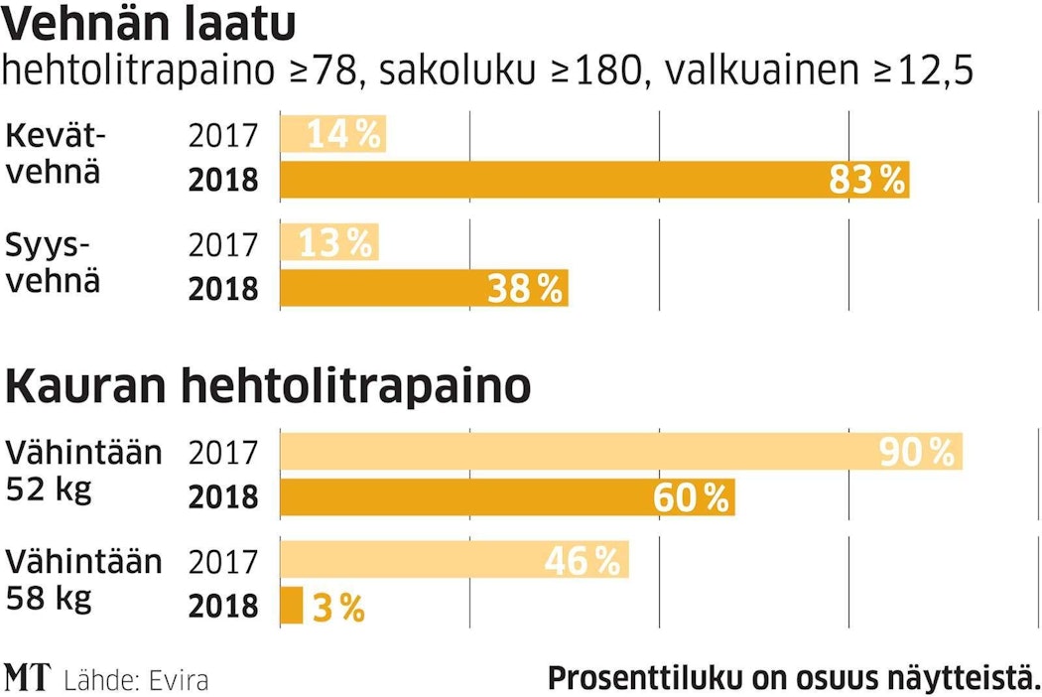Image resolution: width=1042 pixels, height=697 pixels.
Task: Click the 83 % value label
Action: pyautogui.click(x=866, y=180)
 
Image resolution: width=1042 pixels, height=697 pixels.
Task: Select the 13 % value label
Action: pyautogui.click(x=335, y=243)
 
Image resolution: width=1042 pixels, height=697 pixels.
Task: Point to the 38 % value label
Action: pyautogui.click(x=525, y=289)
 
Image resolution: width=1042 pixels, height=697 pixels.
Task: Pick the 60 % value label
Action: pyautogui.click(x=691, y=497)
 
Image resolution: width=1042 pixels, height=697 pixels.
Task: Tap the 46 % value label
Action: pyautogui.click(x=583, y=562)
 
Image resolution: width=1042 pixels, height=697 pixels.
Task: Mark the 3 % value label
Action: pyautogui.click(x=338, y=608)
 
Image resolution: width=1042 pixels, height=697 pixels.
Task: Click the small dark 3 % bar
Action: pyautogui.click(x=292, y=606)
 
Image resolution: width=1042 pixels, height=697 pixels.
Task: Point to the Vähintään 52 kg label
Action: pyautogui.click(x=83, y=471)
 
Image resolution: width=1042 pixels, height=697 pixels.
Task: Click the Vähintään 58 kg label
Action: pyautogui.click(x=83, y=580)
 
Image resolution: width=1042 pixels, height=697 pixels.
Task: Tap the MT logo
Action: pyautogui.click(x=28, y=678)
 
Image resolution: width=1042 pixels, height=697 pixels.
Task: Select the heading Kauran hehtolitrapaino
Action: pyautogui.click(x=268, y=387)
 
